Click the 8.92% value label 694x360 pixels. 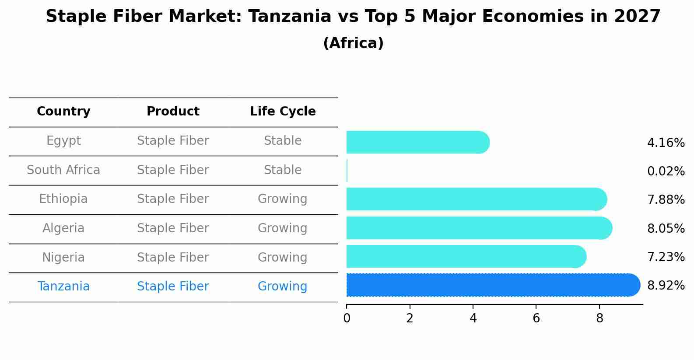tap(666, 286)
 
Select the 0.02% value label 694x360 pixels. tap(666, 171)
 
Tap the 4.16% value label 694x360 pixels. tap(666, 143)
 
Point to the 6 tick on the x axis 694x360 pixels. tap(536, 318)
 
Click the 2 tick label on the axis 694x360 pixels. tap(410, 318)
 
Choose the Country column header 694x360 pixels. tap(63, 112)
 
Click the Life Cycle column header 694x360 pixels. tap(283, 112)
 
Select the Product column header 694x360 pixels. tap(173, 112)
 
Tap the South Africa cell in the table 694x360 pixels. tap(63, 170)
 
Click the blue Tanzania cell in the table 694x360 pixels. tap(63, 287)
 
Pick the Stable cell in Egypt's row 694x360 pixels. tap(283, 141)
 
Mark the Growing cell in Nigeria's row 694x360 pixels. tap(283, 257)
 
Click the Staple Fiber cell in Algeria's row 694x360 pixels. tap(173, 228)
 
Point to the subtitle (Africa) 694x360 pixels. tap(353, 43)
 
